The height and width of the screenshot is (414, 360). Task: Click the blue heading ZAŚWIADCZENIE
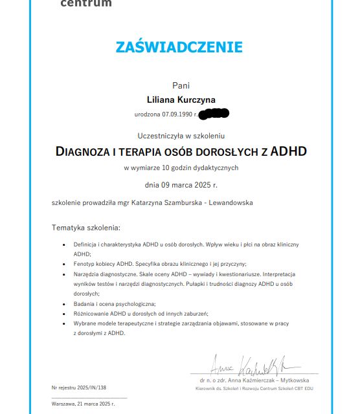tap(179, 47)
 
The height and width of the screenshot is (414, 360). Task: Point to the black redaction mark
tap(214, 114)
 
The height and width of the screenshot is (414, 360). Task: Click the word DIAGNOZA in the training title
tap(84, 152)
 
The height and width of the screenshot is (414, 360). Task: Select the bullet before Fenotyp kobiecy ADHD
tap(63, 264)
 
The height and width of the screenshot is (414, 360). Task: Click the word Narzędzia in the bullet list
tap(87, 274)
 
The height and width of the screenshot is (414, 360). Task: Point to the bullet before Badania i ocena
tap(63, 303)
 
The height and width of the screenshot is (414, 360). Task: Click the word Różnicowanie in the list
tap(91, 313)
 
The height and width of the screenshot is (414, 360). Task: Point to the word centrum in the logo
tap(85, 3)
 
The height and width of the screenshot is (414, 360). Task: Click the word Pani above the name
tap(181, 85)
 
